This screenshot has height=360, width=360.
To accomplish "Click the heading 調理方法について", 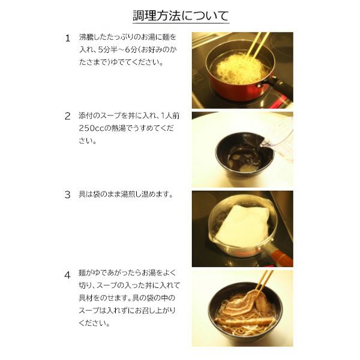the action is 181,16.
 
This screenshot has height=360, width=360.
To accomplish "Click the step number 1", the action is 67,38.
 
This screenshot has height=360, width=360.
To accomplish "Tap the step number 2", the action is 67,116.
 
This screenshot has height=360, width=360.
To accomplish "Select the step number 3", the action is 67,194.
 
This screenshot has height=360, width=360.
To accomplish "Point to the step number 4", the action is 67,275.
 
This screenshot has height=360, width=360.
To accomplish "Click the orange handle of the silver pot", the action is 281,257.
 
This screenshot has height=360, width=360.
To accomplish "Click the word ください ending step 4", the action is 94,323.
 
